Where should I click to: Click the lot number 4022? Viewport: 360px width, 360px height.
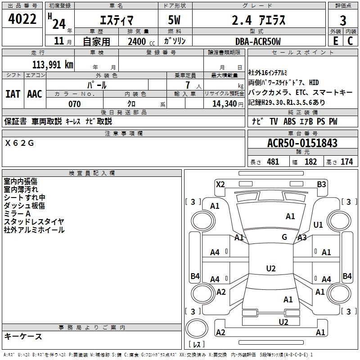pos(22,19)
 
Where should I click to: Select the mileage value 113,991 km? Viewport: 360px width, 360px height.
pos(53,65)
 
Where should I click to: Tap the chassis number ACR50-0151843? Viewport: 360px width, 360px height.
pos(302,143)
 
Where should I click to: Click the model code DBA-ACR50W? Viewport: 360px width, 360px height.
pos(258,41)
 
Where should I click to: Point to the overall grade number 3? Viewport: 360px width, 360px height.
pos(343,21)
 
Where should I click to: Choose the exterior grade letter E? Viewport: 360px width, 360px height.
pos(335,41)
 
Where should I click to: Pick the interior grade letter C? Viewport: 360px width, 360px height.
pos(350,41)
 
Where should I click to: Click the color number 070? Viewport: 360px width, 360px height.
pos(75,104)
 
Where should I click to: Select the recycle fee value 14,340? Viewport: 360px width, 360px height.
pos(225,104)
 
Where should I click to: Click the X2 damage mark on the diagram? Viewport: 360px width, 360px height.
pos(220,184)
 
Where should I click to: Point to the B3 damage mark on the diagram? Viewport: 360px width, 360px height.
pos(321,184)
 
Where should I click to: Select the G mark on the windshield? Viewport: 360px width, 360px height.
pos(284,237)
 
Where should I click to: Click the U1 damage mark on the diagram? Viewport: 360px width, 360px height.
pos(318,225)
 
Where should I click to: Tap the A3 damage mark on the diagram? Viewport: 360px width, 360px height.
pos(302,238)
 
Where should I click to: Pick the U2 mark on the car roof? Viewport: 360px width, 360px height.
pos(271,268)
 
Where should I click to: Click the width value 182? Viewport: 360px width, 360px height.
pos(310,162)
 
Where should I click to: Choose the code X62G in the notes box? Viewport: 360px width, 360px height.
pos(19,143)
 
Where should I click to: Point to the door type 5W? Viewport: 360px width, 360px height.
pos(174,20)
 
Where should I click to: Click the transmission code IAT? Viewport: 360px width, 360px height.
pos(13,94)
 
